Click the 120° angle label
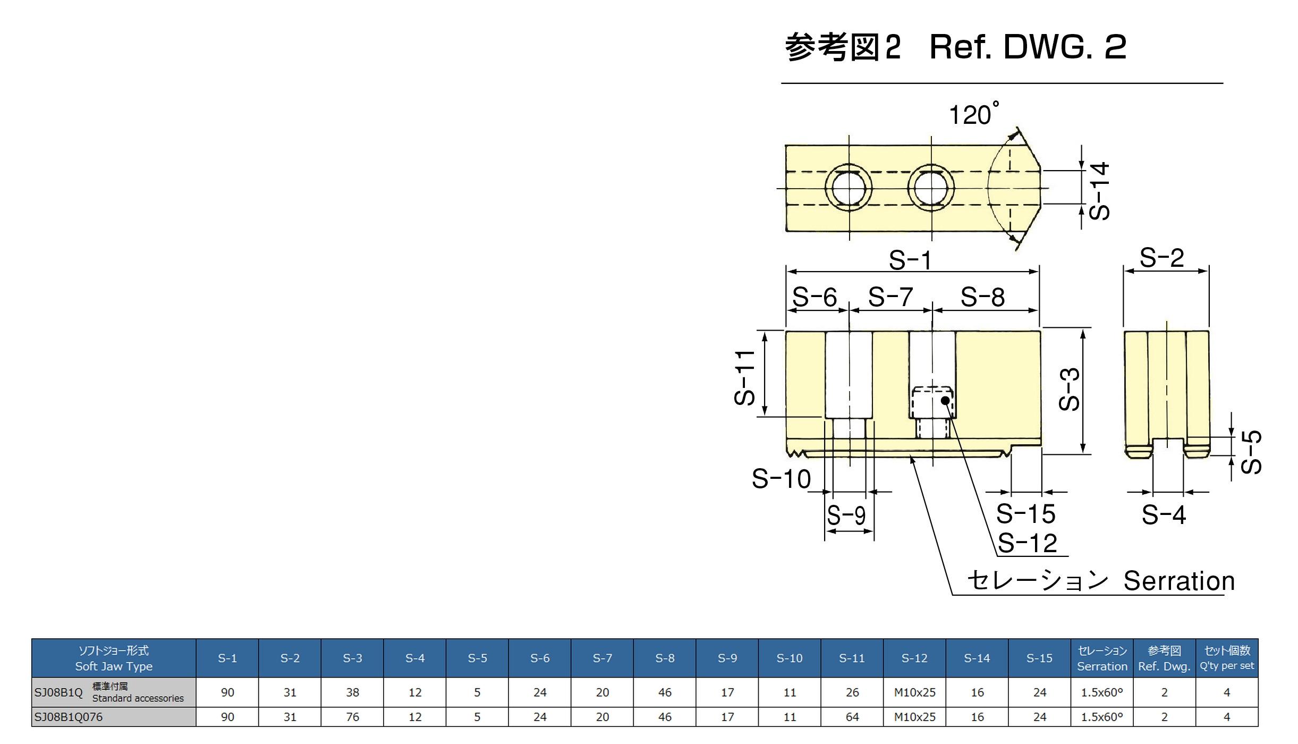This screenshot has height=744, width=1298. (972, 115)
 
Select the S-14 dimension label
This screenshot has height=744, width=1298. (1099, 191)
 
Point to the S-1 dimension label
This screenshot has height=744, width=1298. (910, 260)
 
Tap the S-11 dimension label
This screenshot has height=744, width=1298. (744, 378)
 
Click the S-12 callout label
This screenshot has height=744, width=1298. (1027, 543)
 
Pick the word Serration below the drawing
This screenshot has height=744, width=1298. (1178, 581)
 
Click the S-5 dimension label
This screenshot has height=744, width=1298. (1251, 452)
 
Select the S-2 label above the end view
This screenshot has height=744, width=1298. (1162, 258)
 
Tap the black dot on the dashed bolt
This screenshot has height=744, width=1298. (945, 400)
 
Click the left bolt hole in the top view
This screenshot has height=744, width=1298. (849, 188)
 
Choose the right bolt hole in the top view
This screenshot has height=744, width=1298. (931, 188)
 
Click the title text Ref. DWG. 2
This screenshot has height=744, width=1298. (1028, 47)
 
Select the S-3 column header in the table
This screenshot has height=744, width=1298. (352, 658)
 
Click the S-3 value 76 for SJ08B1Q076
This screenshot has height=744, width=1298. (352, 717)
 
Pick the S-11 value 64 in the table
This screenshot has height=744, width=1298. (852, 717)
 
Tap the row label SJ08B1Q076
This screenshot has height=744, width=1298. (69, 717)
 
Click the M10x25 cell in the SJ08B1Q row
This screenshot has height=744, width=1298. (914, 692)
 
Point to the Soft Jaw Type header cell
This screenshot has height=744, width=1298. (114, 658)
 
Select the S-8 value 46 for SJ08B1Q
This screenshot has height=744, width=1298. (665, 692)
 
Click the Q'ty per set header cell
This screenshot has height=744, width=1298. (1226, 658)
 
